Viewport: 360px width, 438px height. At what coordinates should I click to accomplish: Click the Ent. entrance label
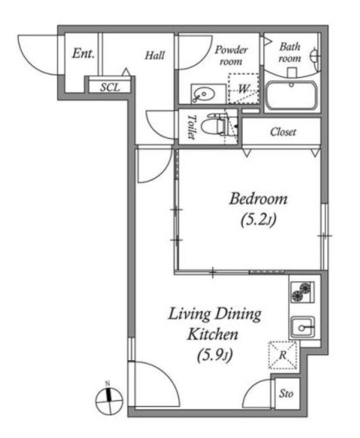tap(83, 54)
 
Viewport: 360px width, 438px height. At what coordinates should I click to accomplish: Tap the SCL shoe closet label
tap(110, 87)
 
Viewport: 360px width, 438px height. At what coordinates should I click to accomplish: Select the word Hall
tap(155, 56)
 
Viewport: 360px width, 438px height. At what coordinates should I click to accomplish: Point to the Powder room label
tap(231, 56)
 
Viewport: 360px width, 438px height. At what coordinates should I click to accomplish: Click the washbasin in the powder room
tap(204, 94)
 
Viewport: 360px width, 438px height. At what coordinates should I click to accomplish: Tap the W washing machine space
tap(243, 89)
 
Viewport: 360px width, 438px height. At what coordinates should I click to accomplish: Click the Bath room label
tap(290, 52)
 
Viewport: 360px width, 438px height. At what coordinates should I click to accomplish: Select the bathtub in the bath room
tap(291, 96)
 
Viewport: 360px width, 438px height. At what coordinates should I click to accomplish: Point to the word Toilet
tap(191, 127)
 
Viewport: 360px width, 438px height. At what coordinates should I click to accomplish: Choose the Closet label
tap(283, 132)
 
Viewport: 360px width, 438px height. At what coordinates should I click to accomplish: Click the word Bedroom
tap(258, 199)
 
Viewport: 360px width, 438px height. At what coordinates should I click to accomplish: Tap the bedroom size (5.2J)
tap(258, 220)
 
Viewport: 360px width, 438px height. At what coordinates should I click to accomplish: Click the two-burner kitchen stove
tap(302, 292)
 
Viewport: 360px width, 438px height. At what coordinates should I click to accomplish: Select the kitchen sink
tap(302, 327)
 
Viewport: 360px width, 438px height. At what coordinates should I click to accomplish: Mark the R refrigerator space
tap(283, 355)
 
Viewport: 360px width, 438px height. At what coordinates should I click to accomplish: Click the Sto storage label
tap(286, 394)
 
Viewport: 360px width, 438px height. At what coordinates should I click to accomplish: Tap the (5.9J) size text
tap(215, 355)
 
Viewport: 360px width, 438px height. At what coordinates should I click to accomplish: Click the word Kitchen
tap(212, 334)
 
